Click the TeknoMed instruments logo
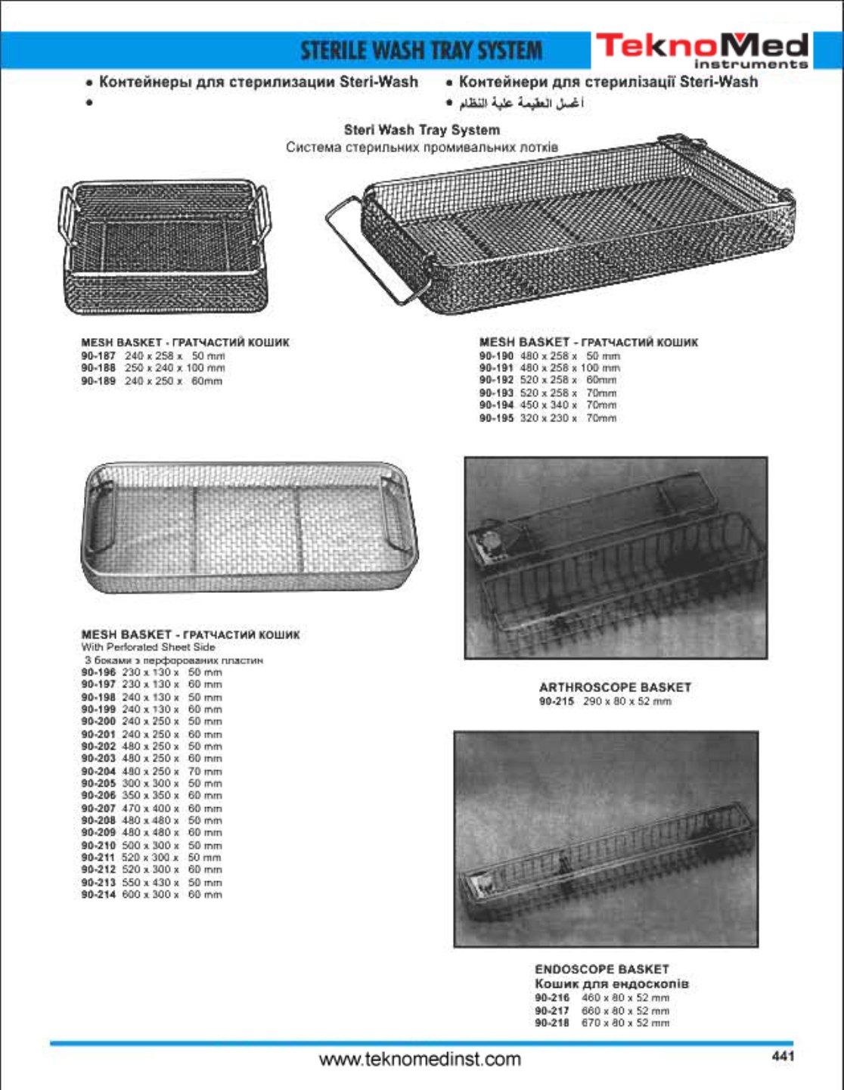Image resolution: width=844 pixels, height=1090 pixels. (x=702, y=50)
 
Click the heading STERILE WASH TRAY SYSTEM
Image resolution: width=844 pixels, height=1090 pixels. (x=421, y=51)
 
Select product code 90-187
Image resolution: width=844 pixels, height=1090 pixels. (x=98, y=356)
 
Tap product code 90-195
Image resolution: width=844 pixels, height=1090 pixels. (x=496, y=418)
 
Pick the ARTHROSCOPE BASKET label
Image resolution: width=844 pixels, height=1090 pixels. (x=615, y=688)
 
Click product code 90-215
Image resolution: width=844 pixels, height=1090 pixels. (x=556, y=701)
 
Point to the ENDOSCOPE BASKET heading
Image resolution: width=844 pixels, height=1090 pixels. (x=601, y=969)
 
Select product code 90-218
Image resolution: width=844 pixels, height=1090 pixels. (x=552, y=1023)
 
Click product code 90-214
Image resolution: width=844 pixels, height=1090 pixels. (x=98, y=895)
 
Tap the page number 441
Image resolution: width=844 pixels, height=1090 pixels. (x=783, y=1057)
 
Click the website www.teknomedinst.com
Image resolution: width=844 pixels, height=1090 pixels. (x=420, y=1059)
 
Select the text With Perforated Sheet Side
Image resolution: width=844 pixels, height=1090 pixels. (x=148, y=647)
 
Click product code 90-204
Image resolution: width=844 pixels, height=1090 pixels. (x=98, y=772)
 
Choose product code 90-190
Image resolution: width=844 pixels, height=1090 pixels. (x=496, y=356)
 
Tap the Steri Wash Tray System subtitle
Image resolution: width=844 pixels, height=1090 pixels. (x=421, y=130)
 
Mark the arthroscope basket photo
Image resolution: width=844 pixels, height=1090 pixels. (x=616, y=557)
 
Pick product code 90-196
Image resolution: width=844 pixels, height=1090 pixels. (x=98, y=672)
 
